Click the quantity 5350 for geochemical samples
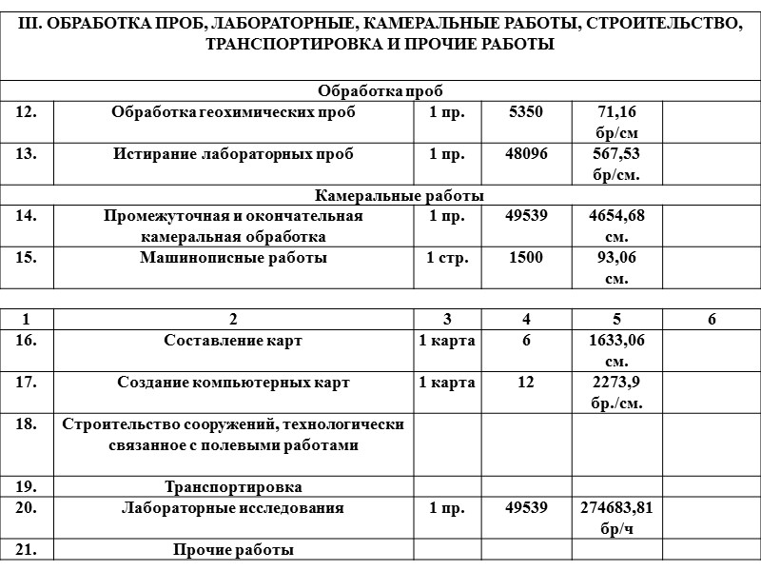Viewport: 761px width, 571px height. pyautogui.click(x=525, y=112)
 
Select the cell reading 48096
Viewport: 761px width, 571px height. pyautogui.click(x=525, y=154)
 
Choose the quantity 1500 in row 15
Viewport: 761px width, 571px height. pyautogui.click(x=525, y=258)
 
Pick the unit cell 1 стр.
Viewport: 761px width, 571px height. pyautogui.click(x=447, y=258)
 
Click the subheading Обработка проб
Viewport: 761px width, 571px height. pyautogui.click(x=380, y=91)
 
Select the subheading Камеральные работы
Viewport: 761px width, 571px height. pyautogui.click(x=380, y=196)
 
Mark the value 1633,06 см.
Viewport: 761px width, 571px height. pyautogui.click(x=615, y=350)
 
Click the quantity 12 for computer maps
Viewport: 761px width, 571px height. pyautogui.click(x=525, y=383)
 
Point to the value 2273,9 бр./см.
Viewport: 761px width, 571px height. pyautogui.click(x=615, y=392)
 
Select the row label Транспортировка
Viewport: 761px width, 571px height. pyautogui.click(x=233, y=487)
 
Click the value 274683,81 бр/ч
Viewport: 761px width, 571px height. pyautogui.click(x=615, y=518)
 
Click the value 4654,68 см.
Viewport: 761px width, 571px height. pyautogui.click(x=615, y=226)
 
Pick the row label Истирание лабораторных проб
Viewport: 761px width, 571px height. pyautogui.click(x=233, y=154)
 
